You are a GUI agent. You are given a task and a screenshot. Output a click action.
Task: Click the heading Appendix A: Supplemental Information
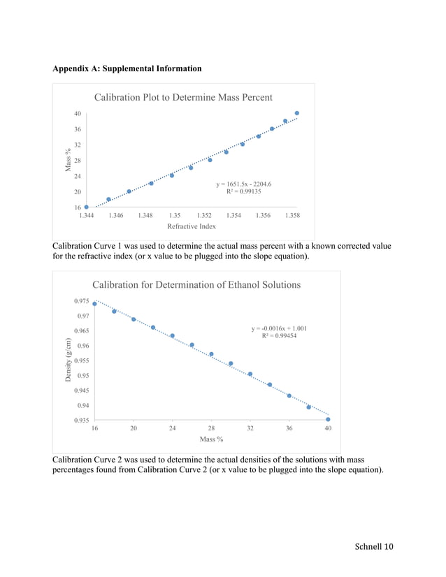127,68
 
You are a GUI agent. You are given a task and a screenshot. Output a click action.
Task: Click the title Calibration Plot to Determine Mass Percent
183,98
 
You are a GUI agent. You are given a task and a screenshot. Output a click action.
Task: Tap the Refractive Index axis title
192,226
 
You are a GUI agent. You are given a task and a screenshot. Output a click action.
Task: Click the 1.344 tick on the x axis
86,216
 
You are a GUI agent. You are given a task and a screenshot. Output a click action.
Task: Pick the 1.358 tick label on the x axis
292,216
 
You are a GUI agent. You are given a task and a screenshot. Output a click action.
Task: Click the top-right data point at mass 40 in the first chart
297,113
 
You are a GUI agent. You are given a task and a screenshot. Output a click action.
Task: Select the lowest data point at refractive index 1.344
87,207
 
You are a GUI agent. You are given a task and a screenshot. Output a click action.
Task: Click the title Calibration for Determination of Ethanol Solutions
196,285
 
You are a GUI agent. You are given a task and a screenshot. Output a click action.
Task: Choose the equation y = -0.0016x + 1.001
279,328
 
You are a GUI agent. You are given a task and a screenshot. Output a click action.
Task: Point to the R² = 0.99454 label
279,336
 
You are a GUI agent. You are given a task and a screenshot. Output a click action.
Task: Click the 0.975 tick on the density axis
81,301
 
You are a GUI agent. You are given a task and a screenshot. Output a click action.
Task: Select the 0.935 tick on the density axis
81,420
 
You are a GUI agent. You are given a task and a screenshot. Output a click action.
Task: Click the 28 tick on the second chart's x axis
211,429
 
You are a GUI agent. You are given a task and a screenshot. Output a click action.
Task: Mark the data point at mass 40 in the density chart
328,420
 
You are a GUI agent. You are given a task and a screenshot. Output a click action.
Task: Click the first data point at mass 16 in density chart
95,304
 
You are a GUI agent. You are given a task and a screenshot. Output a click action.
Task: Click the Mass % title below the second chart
211,439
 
